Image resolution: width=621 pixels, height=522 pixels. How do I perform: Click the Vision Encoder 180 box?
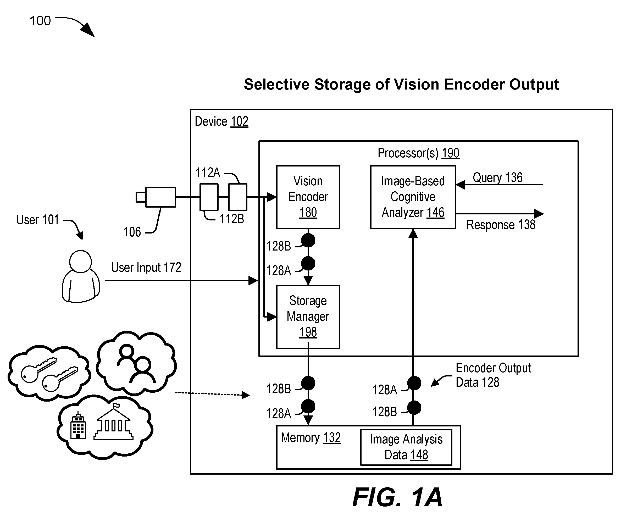[308, 197]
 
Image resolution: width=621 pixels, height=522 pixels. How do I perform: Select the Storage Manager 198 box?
[308, 317]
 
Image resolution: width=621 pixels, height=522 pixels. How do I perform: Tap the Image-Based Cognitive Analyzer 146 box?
[413, 197]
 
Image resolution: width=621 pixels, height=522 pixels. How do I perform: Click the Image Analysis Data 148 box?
[406, 447]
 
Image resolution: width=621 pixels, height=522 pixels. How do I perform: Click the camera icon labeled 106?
[156, 197]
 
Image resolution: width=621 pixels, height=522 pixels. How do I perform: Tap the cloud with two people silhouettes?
[136, 363]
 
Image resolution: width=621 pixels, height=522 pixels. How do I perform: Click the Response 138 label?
[501, 225]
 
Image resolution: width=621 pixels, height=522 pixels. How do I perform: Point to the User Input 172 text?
[146, 267]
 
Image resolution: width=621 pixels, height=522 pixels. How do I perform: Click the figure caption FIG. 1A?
[397, 498]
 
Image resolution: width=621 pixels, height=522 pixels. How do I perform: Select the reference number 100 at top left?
[40, 21]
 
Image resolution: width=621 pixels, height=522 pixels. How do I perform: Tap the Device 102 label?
[221, 121]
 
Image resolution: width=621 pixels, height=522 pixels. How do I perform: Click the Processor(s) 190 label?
[419, 153]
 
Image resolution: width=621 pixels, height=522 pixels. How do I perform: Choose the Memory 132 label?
[311, 438]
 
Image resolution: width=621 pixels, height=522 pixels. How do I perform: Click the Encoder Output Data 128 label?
[493, 375]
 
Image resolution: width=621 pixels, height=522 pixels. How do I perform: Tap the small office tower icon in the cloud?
[78, 425]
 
